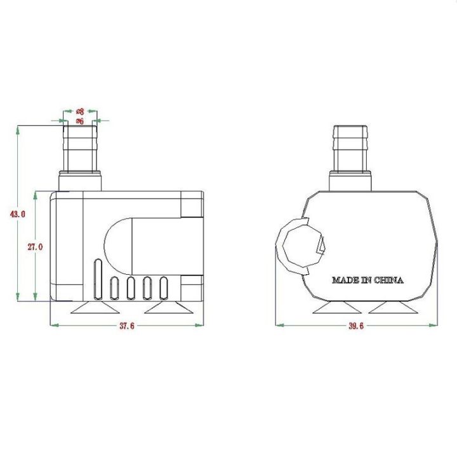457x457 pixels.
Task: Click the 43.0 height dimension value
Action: pyautogui.click(x=17, y=215)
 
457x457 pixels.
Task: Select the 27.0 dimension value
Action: pyautogui.click(x=34, y=247)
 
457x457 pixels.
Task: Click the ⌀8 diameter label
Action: pyautogui.click(x=80, y=111)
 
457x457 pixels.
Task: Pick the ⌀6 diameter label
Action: pyautogui.click(x=80, y=120)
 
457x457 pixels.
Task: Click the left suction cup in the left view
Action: pyautogui.click(x=94, y=308)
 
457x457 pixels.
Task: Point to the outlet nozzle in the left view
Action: pyautogui.click(x=80, y=149)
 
